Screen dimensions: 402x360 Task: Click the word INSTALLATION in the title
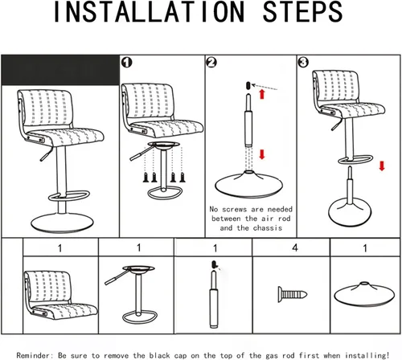coord(149,12)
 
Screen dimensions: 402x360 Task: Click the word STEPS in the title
coord(302,12)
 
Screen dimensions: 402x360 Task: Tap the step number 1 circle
coord(126,63)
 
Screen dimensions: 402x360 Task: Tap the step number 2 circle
coord(211,63)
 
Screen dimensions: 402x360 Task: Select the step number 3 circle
coord(303,63)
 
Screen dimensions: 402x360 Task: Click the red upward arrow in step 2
coord(262,94)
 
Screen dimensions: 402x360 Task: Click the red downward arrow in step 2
coord(262,154)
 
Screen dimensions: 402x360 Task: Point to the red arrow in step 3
coord(382,166)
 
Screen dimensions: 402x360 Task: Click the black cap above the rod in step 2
coord(248,86)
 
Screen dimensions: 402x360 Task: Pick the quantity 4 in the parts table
coord(295,247)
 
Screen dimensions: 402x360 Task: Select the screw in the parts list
coord(293,294)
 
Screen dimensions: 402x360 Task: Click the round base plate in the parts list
coord(364,294)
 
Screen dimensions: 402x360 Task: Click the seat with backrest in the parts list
coord(60,295)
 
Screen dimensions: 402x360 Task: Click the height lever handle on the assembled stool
coord(46,154)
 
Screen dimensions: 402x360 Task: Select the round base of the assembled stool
coord(62,223)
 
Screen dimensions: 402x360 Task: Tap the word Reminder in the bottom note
coord(33,355)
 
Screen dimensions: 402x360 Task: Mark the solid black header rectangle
coord(60,70)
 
